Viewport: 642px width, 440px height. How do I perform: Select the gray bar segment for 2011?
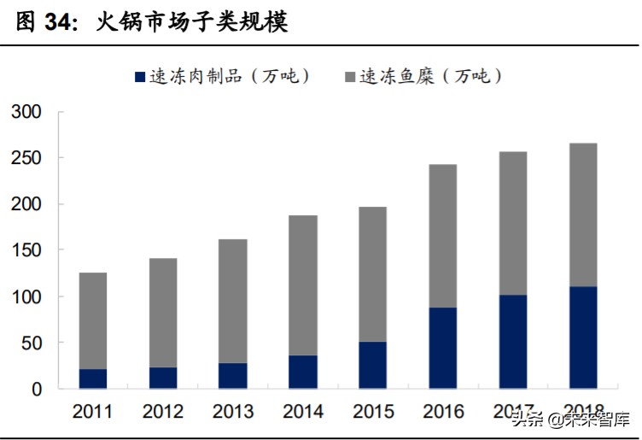click(93, 320)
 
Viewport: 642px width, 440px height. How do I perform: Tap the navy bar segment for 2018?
click(583, 337)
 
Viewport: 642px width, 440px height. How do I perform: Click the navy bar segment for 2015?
click(373, 365)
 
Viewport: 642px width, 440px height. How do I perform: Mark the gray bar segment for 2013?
click(233, 301)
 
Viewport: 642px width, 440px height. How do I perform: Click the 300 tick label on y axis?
click(26, 112)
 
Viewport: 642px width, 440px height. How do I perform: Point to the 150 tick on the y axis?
click(26, 250)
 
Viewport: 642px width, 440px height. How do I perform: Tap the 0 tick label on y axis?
click(36, 389)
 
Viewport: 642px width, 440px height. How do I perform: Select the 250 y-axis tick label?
click(26, 158)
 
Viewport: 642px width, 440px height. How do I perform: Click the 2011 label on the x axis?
click(93, 412)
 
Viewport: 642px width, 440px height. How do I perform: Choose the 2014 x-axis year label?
click(303, 412)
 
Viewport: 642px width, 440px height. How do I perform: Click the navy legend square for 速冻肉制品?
click(141, 77)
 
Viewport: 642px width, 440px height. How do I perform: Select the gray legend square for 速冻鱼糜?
click(350, 77)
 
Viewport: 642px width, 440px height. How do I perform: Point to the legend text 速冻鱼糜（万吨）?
click(430, 77)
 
